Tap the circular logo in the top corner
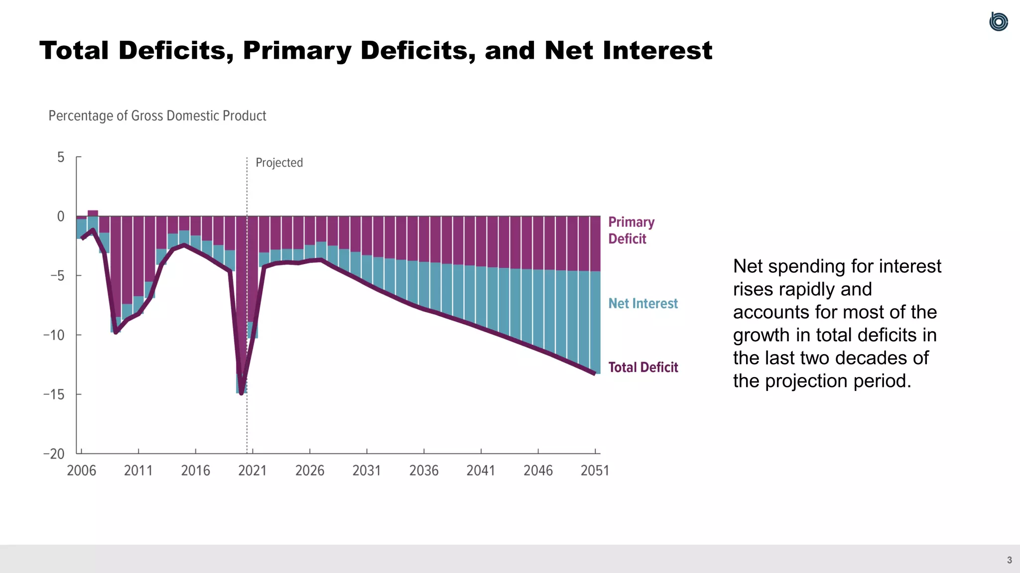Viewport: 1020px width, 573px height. coord(998,22)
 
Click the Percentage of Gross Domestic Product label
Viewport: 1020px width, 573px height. coord(157,116)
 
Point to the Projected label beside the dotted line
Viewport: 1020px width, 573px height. coord(279,163)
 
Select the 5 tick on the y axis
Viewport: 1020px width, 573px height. coord(61,157)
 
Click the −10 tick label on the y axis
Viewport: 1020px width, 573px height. coord(54,335)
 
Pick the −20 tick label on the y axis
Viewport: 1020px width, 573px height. coord(54,454)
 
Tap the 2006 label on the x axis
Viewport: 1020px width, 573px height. coord(81,471)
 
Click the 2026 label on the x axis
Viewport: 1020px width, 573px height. coord(309,471)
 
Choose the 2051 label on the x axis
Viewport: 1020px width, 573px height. coord(595,471)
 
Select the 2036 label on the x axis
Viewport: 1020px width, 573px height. coord(424,471)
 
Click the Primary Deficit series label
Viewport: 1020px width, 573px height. coord(631,230)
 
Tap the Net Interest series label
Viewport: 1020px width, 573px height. coord(642,303)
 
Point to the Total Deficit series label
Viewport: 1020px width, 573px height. coord(642,367)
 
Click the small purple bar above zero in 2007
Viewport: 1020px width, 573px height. coord(93,213)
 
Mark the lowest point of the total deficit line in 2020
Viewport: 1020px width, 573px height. coord(242,393)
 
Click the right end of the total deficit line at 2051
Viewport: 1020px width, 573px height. coord(594,373)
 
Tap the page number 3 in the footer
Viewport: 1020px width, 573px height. coord(1009,560)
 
